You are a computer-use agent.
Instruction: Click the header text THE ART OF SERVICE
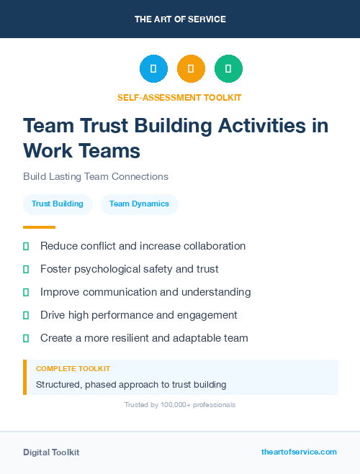click(x=180, y=19)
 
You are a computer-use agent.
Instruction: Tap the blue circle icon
click(x=153, y=69)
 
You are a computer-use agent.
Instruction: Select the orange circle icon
click(x=191, y=69)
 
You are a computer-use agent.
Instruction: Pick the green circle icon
click(x=228, y=69)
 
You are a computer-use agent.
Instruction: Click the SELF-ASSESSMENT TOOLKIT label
click(x=179, y=97)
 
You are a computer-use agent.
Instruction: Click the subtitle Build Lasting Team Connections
click(x=95, y=176)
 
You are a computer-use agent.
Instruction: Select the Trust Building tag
click(x=58, y=204)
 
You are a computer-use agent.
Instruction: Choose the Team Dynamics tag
click(x=139, y=204)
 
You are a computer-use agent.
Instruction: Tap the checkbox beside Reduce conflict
click(x=26, y=246)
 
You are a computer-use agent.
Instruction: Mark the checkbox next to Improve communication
click(x=26, y=292)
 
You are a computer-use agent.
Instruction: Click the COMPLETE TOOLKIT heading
click(x=73, y=368)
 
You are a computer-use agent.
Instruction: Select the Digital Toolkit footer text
click(x=51, y=452)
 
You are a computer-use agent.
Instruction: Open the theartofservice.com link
click(x=299, y=452)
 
